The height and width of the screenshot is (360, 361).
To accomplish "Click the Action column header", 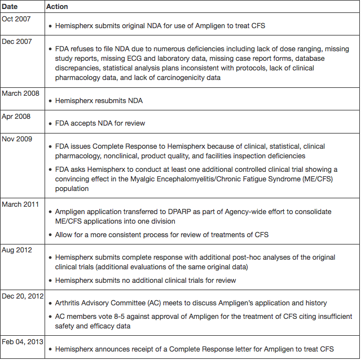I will pos(57,6).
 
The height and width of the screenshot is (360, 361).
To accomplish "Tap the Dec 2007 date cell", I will pos(16,41).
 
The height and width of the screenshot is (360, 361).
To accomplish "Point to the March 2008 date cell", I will pos(20,93).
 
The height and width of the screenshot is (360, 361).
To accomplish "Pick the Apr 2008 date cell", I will pos(15,116).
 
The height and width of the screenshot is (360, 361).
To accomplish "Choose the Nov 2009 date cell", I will pos(16,139).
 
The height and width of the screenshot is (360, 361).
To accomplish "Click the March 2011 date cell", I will pos(20,204).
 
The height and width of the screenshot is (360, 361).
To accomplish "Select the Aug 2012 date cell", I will pos(16,250).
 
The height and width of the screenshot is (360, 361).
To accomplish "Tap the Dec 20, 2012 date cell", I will pos(22,296).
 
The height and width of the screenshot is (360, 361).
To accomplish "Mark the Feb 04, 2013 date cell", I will pos(22,342).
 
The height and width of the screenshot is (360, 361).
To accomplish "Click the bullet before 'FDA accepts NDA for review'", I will pos(50,124).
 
